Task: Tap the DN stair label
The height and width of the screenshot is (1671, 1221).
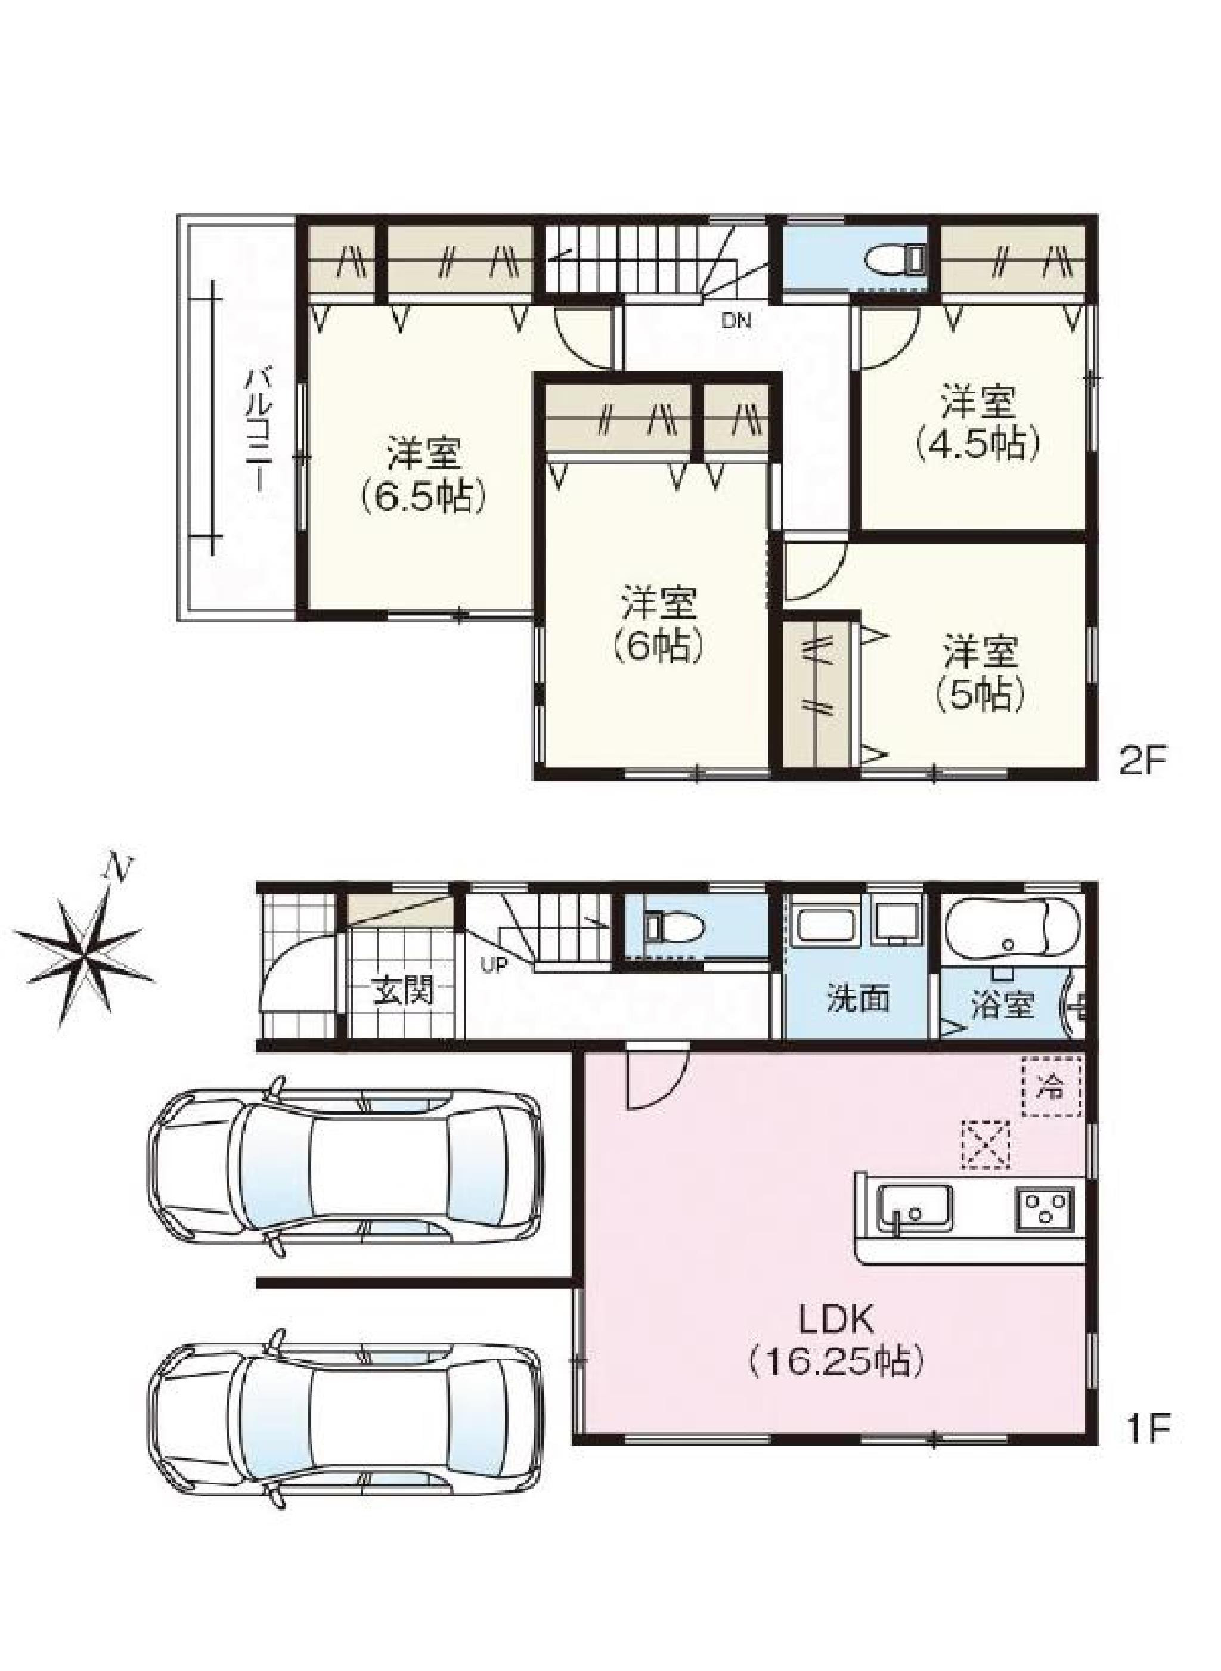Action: click(x=736, y=321)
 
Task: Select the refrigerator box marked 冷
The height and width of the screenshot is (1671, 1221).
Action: click(x=1052, y=1086)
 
